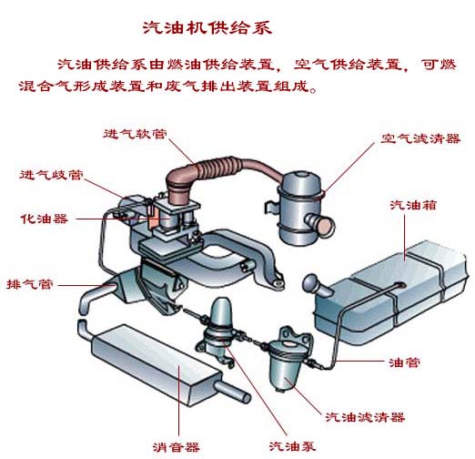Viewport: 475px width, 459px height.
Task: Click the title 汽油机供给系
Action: tap(207, 28)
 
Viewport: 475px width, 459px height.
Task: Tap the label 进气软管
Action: tap(136, 134)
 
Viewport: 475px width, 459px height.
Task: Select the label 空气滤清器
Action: tap(420, 138)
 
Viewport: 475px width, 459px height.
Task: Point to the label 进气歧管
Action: tap(51, 175)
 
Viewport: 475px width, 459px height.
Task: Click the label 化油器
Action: tap(44, 219)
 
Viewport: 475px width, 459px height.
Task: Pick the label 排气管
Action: tap(30, 284)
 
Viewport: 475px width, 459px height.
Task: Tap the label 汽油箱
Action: tap(413, 205)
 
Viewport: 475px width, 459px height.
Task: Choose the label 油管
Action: tap(404, 362)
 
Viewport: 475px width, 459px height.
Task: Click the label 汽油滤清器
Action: tap(365, 417)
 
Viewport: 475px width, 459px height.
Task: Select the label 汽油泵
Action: tap(292, 446)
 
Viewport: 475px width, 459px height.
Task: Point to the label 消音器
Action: tap(177, 447)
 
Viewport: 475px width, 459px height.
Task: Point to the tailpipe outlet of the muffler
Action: tap(233, 391)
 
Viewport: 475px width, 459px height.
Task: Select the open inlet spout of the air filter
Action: tap(324, 226)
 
